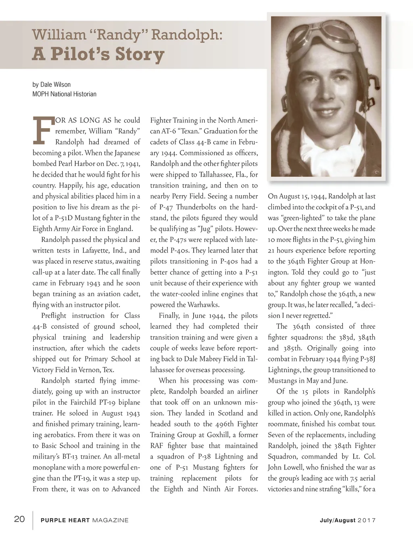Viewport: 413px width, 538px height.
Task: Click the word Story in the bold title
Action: coord(140,54)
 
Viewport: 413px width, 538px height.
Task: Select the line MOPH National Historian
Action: coord(65,94)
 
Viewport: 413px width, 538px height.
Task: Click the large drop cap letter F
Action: coord(42,131)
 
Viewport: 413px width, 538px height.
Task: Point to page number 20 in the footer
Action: coord(20,519)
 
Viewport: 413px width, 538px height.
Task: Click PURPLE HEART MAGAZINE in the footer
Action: coord(85,520)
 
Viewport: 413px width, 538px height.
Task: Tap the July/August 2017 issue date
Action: coord(348,520)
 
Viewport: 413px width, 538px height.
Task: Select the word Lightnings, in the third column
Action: coord(284,370)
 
